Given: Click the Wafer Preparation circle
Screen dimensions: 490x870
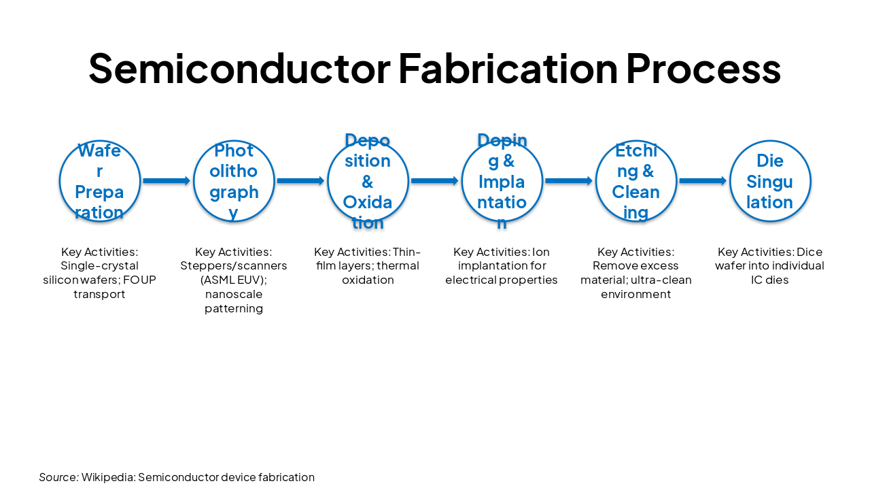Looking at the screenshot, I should [x=100, y=181].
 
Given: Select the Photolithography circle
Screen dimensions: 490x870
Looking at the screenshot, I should [x=234, y=181].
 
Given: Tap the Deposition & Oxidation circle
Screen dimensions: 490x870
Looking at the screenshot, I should [x=368, y=181].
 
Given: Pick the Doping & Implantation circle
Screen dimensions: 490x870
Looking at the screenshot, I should [x=502, y=181].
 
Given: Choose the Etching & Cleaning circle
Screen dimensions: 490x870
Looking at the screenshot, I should [x=636, y=181].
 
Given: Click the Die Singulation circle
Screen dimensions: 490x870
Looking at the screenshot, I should [x=770, y=181].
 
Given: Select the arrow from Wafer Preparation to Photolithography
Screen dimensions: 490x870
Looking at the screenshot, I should [x=167, y=181].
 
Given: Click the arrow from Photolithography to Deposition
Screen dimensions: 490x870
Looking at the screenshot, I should [x=300, y=181].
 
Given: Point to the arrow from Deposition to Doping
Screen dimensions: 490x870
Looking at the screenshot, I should [x=434, y=181].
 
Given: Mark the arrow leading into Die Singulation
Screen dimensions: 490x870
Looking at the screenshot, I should [x=703, y=181].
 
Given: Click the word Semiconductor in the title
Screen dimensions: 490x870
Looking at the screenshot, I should [x=239, y=68].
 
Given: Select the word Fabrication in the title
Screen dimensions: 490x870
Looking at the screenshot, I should [x=508, y=68].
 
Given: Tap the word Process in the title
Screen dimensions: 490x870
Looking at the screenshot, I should [x=703, y=68].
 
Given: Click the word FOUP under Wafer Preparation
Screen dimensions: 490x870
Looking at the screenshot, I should [x=139, y=280].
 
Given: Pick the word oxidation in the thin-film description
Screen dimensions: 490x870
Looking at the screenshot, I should [x=368, y=280].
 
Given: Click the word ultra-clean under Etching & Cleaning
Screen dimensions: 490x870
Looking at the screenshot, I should [x=661, y=280].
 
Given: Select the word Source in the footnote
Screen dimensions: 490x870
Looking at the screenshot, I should [x=58, y=477].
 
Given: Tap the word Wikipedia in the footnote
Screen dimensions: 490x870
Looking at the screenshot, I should [x=107, y=477].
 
